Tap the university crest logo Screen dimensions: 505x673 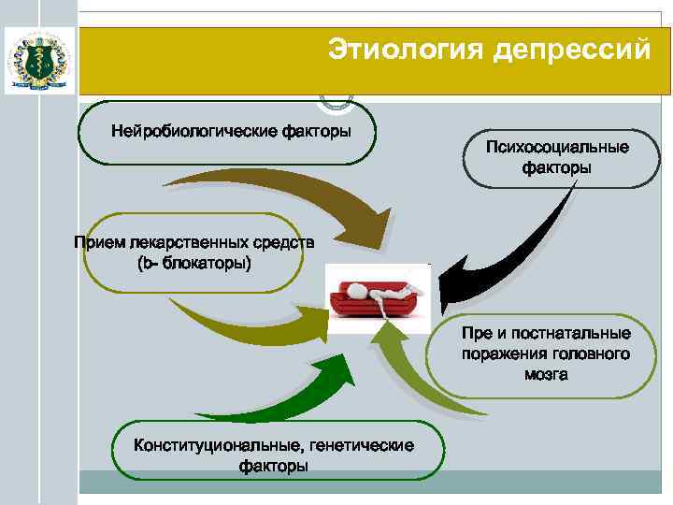pos(39,59)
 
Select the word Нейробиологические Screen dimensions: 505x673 pos(191,129)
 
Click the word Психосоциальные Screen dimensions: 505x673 pos(557,148)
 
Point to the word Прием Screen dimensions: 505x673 pos(98,243)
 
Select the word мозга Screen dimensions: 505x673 pos(546,374)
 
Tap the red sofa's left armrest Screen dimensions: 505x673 pos(339,299)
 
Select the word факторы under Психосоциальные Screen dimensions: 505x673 pos(557,168)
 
